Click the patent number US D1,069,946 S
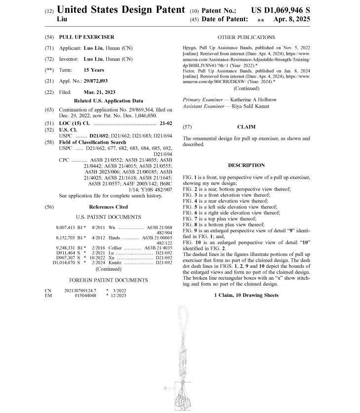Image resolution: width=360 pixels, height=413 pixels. point(281,9)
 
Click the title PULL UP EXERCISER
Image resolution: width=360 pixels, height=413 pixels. point(86,37)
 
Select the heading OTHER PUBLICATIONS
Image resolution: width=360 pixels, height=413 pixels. point(246,37)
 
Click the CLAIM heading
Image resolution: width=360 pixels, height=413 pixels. point(246,127)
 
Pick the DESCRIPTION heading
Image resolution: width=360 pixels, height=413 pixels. point(246,165)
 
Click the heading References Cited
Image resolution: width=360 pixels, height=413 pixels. point(108,207)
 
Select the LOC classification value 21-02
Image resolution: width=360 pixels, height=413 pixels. point(166,123)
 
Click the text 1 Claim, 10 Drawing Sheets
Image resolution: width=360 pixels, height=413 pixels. point(246,295)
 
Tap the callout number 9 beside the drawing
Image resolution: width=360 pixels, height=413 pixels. point(165,389)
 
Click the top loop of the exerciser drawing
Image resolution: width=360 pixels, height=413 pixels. point(183,314)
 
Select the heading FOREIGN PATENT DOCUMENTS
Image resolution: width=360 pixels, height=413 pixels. point(108,280)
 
